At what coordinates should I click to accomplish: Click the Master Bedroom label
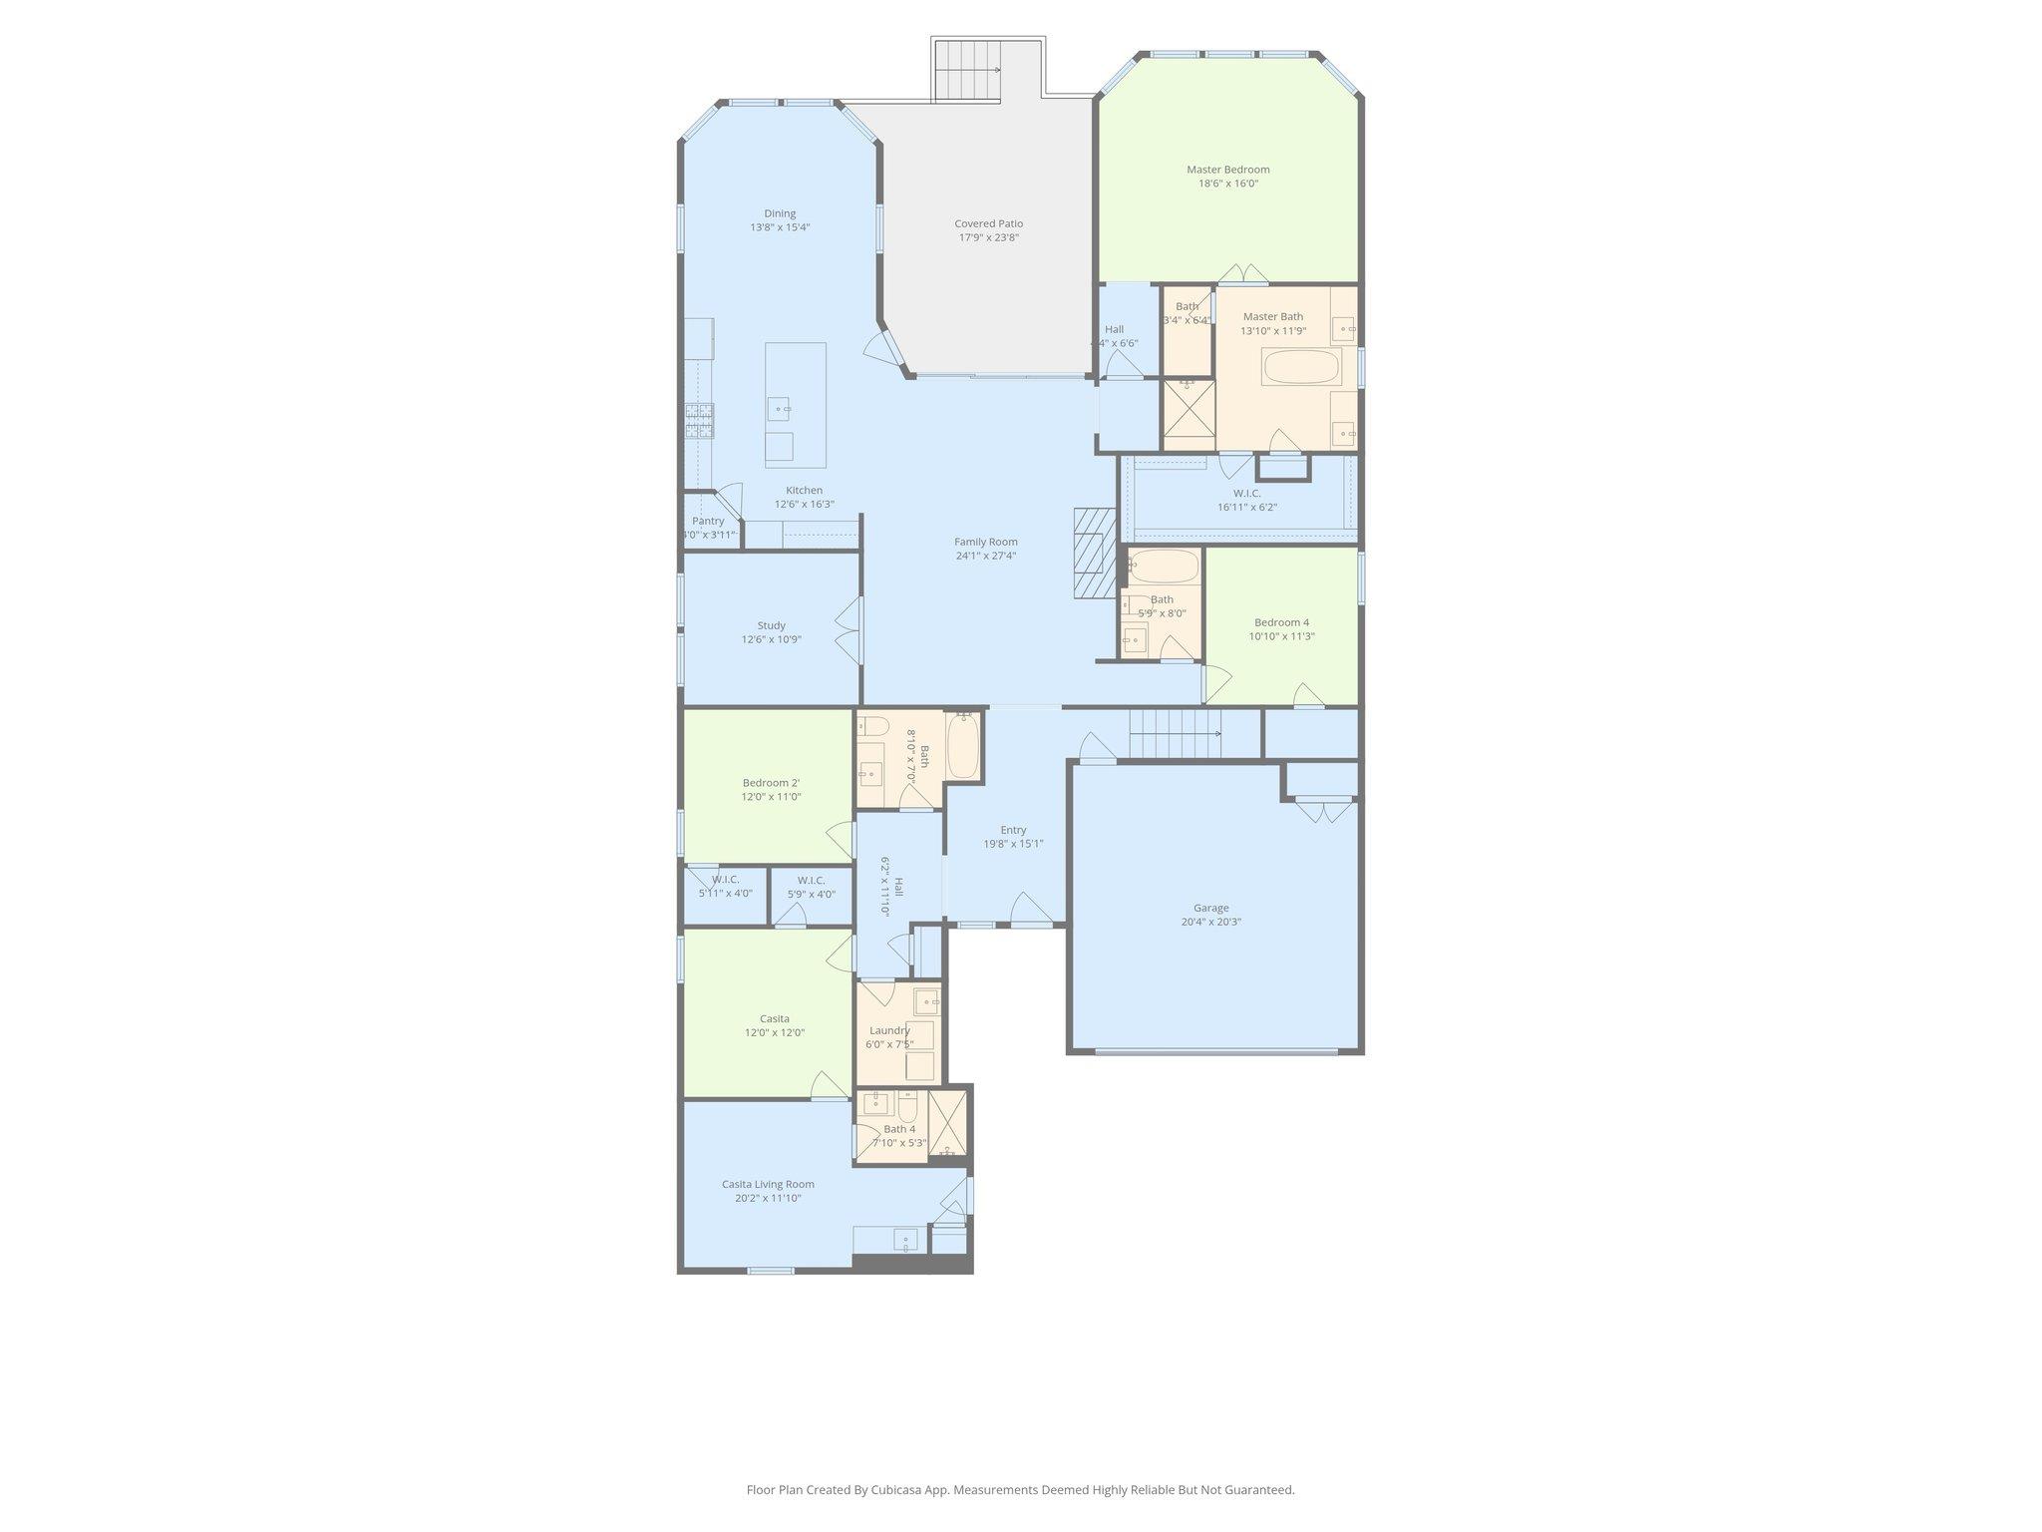click(1227, 170)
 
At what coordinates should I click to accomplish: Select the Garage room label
click(1210, 908)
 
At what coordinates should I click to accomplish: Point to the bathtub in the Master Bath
click(1301, 367)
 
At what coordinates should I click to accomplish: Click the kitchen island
click(795, 405)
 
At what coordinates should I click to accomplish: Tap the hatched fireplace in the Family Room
click(1094, 553)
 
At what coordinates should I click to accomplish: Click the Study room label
click(771, 625)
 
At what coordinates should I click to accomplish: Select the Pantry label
click(708, 521)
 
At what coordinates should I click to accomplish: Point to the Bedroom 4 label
click(1281, 622)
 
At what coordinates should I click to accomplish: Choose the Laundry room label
click(889, 1030)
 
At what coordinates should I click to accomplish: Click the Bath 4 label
click(898, 1129)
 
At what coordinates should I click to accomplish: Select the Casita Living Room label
click(768, 1184)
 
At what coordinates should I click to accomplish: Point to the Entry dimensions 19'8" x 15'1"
click(1013, 844)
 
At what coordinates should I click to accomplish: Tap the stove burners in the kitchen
click(699, 420)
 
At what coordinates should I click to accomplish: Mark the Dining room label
click(780, 212)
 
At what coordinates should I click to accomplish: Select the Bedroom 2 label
click(771, 783)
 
